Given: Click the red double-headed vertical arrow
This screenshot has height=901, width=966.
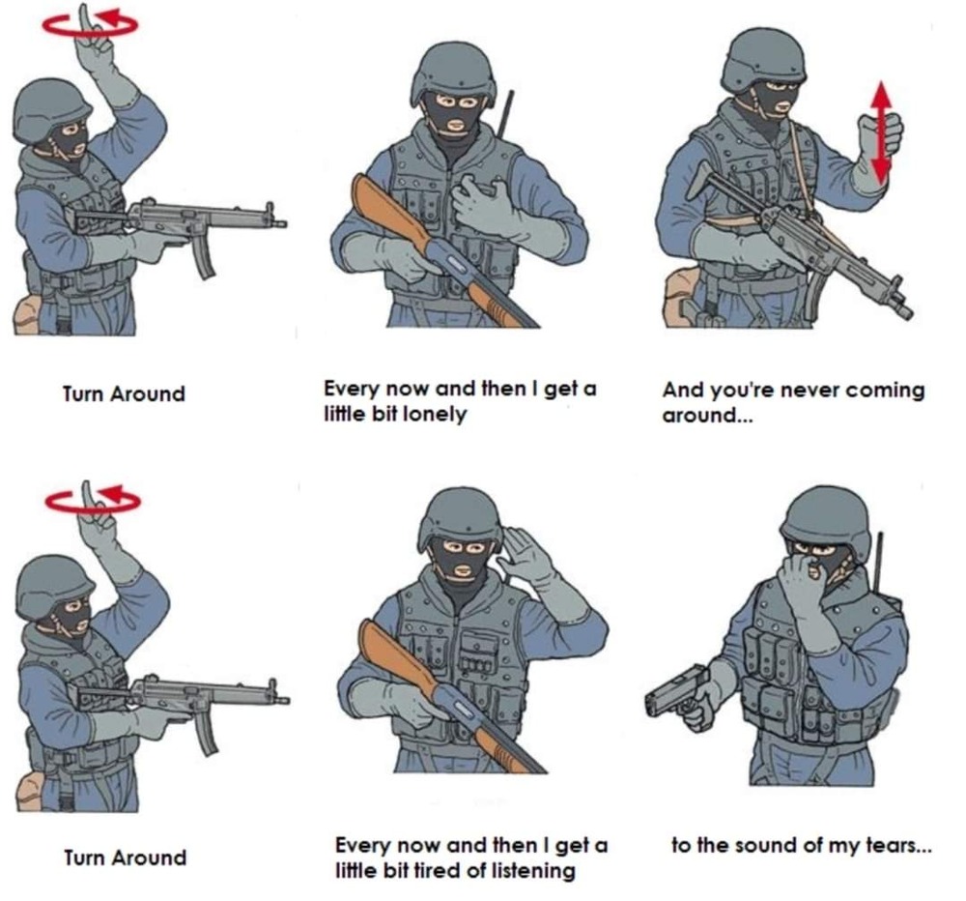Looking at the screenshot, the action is click(x=882, y=132).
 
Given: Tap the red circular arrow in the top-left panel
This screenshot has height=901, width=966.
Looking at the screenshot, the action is click(x=90, y=24).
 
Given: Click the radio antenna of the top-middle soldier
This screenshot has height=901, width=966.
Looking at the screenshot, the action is click(x=506, y=113).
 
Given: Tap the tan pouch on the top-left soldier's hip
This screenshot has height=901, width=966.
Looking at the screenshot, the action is click(x=27, y=314).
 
